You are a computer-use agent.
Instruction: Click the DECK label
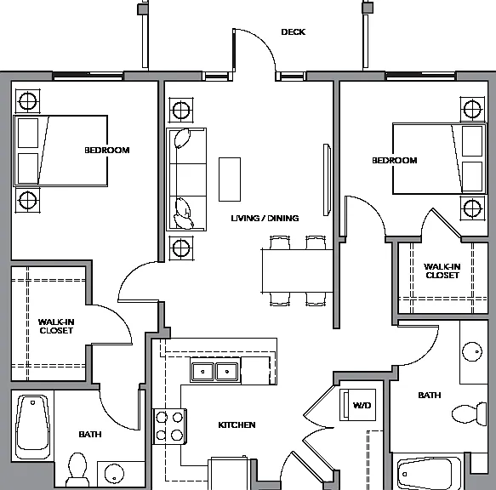[294, 32]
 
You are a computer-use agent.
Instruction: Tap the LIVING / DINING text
[265, 219]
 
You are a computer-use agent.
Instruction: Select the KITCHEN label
[237, 424]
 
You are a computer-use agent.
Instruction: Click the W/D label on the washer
[362, 405]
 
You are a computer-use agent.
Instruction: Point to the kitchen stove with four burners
[170, 426]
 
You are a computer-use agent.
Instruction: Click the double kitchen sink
[215, 372]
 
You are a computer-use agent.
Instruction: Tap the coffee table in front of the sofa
[230, 179]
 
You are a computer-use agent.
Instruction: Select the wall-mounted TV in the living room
[327, 179]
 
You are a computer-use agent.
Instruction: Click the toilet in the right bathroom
[470, 413]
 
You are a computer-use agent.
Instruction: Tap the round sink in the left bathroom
[114, 474]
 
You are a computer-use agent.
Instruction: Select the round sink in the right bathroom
[472, 351]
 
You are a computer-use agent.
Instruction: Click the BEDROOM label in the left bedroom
[107, 150]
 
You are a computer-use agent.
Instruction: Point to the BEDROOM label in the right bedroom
[395, 161]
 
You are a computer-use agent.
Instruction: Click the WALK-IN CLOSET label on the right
[442, 271]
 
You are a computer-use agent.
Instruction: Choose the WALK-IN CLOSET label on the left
[56, 326]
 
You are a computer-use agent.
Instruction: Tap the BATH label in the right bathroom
[430, 395]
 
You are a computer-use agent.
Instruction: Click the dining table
[298, 271]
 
